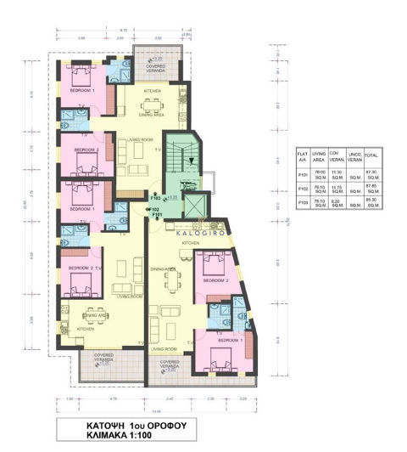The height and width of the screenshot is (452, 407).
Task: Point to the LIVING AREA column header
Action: tap(320, 156)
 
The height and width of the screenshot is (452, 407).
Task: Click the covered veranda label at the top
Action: tap(156, 65)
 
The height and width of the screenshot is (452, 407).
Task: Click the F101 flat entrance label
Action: tap(157, 214)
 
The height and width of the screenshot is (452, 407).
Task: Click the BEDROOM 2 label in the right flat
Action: tap(216, 280)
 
